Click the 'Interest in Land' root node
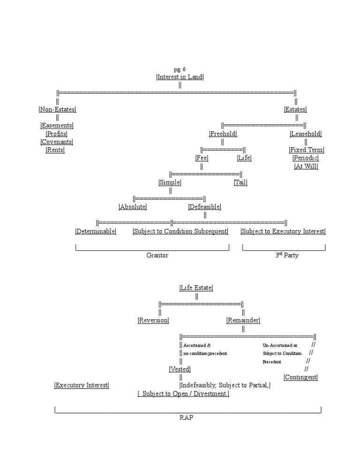point(180,77)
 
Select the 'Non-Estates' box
point(57,109)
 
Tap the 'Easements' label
point(57,126)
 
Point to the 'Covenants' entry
point(57,142)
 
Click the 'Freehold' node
point(223,134)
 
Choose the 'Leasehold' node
point(306,134)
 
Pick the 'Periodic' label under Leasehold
point(306,158)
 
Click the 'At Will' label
point(306,166)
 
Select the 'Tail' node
point(240,182)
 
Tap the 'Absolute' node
point(133,207)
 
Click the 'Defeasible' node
point(204,207)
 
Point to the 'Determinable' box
point(96,231)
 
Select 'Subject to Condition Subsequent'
point(180,231)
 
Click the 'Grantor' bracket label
point(157,256)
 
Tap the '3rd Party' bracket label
point(286,256)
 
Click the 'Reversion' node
point(153,320)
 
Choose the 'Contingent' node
point(300,377)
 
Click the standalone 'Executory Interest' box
point(82,385)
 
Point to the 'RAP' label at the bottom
point(186,418)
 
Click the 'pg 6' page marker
point(180,69)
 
